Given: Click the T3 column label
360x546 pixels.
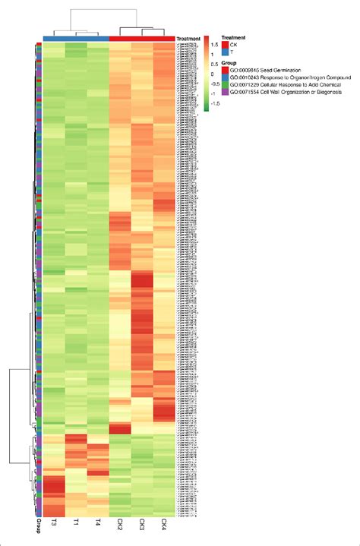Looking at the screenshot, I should point(54,525).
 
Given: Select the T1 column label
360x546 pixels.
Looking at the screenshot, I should point(76,525).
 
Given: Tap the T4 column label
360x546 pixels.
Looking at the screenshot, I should point(98,525).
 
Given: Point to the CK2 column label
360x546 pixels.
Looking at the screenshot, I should point(120,526).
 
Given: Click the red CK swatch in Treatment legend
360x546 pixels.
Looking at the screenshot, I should point(224,45).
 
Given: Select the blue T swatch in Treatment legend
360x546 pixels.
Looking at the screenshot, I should point(224,52).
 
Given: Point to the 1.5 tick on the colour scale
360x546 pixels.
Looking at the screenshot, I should point(214,44).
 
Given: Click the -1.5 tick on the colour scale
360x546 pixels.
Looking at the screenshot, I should point(214,103).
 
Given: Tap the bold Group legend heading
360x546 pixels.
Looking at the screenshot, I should point(228,62).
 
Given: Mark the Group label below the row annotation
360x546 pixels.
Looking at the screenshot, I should point(37,525).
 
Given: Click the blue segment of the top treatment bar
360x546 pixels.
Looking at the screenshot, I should point(76,39).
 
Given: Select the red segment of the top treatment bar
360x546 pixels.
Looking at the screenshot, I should point(142,39).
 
